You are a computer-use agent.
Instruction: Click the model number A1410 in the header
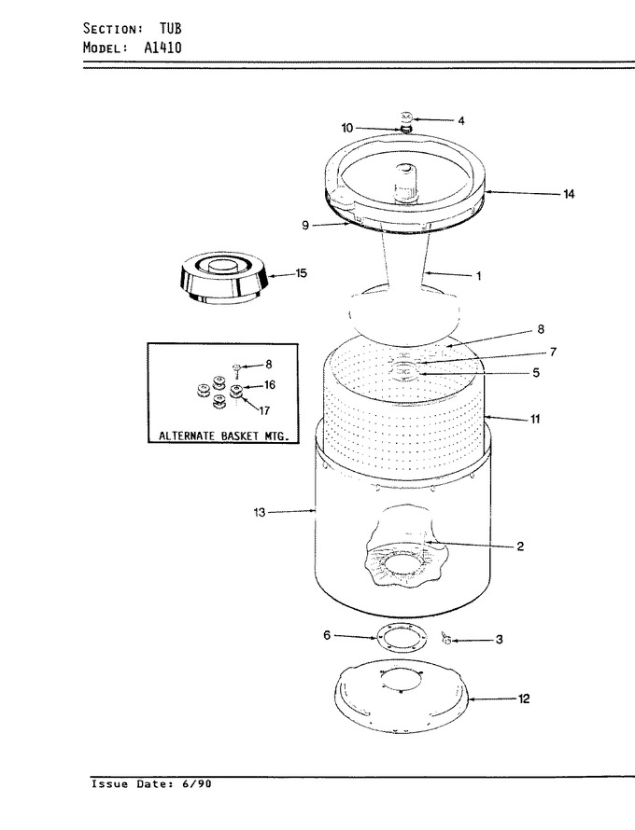click(162, 48)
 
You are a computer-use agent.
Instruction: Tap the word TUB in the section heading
click(171, 28)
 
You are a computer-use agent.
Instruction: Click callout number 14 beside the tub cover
click(569, 194)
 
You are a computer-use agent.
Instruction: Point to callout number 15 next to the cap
click(301, 273)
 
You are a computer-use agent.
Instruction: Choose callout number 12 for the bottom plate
click(524, 699)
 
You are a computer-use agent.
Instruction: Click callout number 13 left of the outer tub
click(260, 512)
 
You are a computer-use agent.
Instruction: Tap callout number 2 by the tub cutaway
click(520, 546)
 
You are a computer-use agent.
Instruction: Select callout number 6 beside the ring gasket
click(327, 635)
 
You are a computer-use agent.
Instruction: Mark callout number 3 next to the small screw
click(499, 640)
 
